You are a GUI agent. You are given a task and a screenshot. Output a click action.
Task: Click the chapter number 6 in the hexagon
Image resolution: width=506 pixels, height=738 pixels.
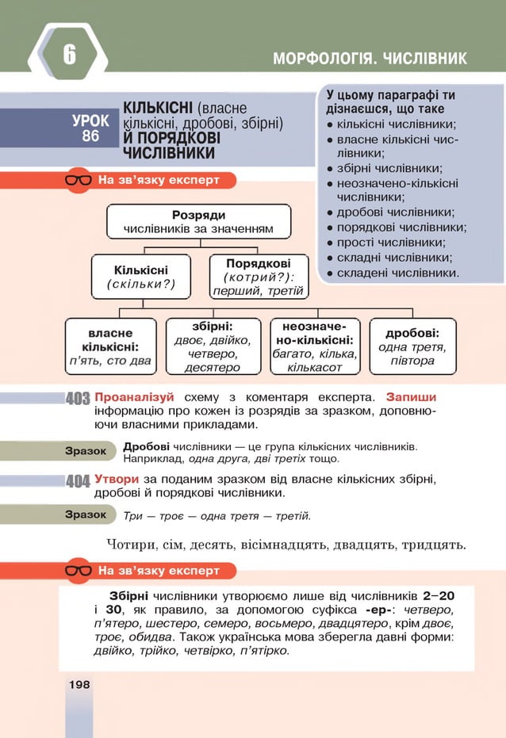point(69,55)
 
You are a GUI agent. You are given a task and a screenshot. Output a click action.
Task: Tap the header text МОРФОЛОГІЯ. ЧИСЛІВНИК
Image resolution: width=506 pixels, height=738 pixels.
point(370,59)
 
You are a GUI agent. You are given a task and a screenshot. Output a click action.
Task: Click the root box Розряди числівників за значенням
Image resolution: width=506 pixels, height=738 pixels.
point(198,222)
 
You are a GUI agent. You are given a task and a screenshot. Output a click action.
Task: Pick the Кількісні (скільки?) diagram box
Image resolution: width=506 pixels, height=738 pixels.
point(140,276)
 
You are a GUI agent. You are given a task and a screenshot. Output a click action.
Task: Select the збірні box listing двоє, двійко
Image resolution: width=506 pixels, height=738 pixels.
point(212,346)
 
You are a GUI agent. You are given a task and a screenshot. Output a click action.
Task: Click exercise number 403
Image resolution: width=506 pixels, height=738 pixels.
point(78,398)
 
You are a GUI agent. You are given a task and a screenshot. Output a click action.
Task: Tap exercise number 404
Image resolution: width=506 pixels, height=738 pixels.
point(78,481)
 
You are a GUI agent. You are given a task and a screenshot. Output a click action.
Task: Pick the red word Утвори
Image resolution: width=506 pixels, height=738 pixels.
point(117,479)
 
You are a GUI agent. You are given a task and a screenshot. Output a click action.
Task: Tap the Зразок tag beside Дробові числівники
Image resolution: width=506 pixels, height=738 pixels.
point(86,450)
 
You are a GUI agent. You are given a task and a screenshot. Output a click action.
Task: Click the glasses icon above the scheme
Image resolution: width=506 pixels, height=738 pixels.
point(79,180)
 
